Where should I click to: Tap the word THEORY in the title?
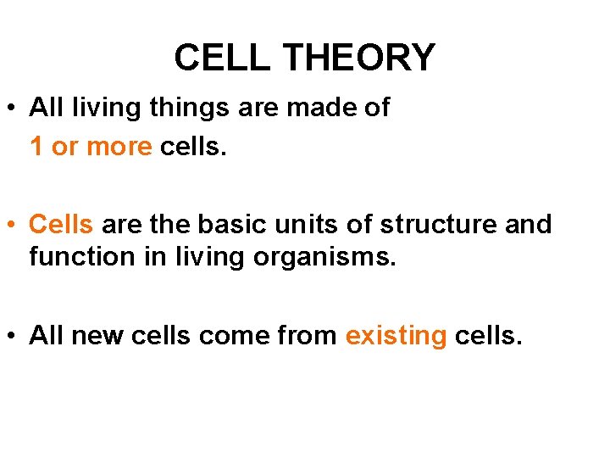(358, 58)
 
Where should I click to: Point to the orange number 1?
(36, 147)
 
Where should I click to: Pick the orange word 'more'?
(119, 147)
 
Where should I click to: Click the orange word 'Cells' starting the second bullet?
(61, 225)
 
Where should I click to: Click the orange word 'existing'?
(396, 336)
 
